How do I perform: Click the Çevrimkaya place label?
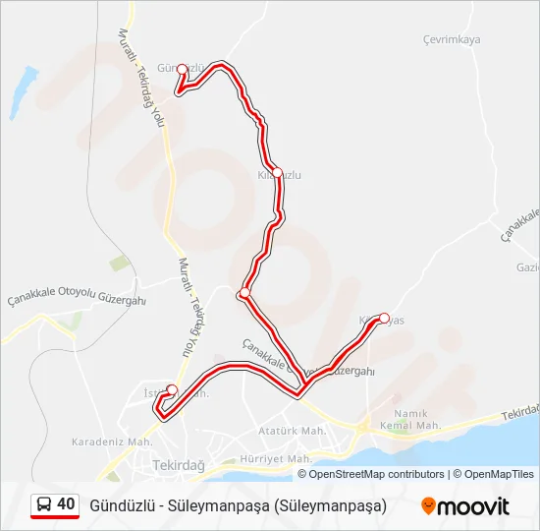click(452, 39)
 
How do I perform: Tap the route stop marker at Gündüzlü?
click(182, 69)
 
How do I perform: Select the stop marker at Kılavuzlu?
click(277, 173)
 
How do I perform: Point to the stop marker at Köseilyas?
click(384, 319)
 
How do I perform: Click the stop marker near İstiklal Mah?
click(172, 389)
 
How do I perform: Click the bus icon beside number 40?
click(43, 505)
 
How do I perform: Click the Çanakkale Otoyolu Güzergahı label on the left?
click(77, 299)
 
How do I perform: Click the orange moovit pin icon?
click(428, 506)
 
